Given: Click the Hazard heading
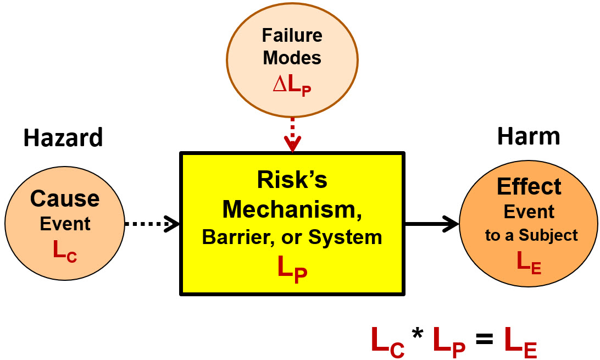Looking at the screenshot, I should tap(63, 138).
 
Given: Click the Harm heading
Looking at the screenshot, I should tap(529, 136).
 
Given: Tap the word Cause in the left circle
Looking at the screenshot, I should tap(65, 199).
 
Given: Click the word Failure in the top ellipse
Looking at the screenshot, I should tap(292, 36).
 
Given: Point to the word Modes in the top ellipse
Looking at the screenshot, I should tap(292, 58).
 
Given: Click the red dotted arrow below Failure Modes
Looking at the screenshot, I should tap(292, 134).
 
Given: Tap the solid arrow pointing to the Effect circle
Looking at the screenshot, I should tap(431, 224).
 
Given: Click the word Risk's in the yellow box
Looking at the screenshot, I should tap(292, 180).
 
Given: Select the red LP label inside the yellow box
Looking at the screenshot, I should tap(292, 269).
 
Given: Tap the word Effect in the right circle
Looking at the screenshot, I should tap(529, 187).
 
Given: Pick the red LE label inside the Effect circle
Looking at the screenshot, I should tap(529, 262).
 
